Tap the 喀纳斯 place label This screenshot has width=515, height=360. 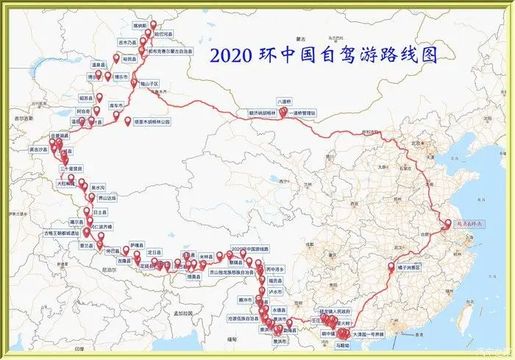140,25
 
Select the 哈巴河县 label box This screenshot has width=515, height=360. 163,34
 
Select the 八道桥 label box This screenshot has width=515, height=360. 285,101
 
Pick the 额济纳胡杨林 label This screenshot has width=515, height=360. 261,114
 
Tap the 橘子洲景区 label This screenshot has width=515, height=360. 408,267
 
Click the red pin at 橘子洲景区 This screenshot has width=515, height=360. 391,266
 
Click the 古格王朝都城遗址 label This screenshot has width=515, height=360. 60,233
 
